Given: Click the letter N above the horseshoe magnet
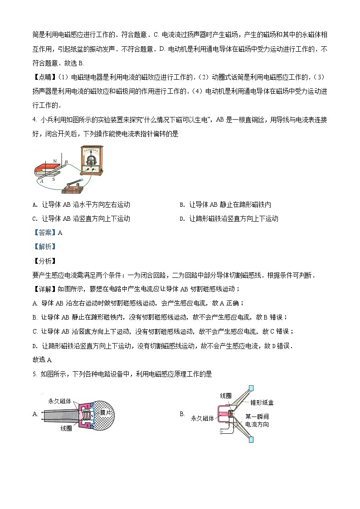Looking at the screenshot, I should (55, 161).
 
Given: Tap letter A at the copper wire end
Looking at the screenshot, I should (41, 180).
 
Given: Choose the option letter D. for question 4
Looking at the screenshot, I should (182, 218).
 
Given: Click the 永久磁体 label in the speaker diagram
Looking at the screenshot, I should (202, 418).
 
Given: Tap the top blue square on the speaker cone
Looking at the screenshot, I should (251, 388).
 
